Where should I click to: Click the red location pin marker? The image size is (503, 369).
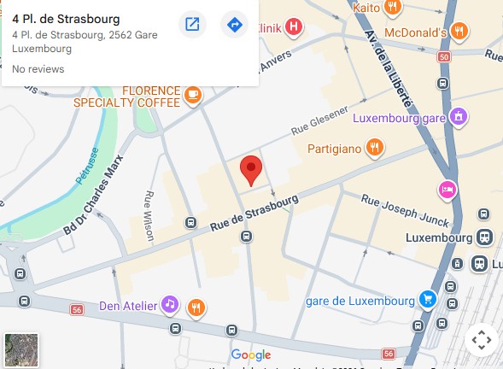(x=250, y=169)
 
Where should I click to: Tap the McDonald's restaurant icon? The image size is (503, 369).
(x=459, y=32)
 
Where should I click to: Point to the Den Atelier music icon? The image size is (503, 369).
(x=170, y=305)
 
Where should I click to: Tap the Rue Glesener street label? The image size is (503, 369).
(x=319, y=121)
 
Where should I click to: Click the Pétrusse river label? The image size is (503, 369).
(x=86, y=170)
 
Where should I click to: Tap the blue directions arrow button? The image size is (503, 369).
(x=234, y=25)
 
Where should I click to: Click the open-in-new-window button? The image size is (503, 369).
(x=193, y=25)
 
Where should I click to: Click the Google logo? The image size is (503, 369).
(x=251, y=354)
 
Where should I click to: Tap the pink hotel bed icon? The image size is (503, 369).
(x=446, y=188)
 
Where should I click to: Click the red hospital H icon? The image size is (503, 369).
(x=295, y=26)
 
